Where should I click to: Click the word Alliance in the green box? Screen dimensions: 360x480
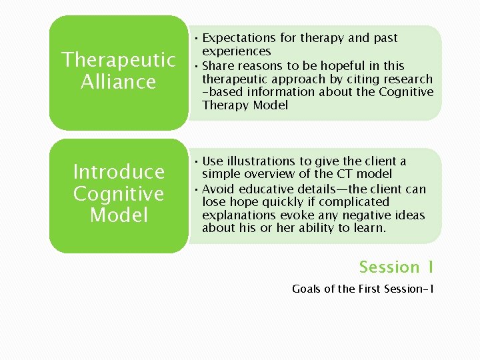119,82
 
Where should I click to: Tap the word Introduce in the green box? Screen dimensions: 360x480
119,172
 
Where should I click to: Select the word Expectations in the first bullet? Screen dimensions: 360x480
238,38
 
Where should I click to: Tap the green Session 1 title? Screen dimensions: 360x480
396,267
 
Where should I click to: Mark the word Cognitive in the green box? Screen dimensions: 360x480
119,194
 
